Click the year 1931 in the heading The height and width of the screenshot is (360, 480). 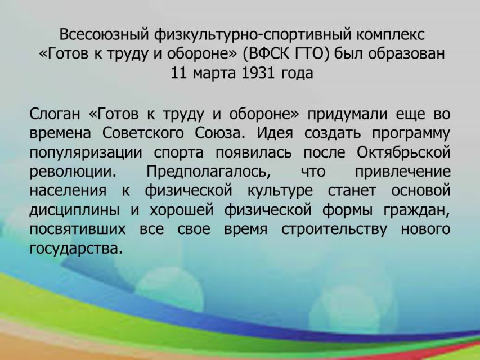pyautogui.click(x=257, y=74)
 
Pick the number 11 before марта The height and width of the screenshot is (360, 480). pyautogui.click(x=178, y=74)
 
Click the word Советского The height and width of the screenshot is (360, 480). pyautogui.click(x=143, y=133)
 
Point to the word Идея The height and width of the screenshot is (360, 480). pyautogui.click(x=275, y=133)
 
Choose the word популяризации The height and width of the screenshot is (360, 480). pyautogui.click(x=86, y=153)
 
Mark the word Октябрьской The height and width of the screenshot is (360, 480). pyautogui.click(x=403, y=152)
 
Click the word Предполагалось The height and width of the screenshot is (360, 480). pyautogui.click(x=209, y=172)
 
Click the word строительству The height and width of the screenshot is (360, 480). pyautogui.click(x=334, y=230)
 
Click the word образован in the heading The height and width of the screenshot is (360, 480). pyautogui.click(x=406, y=54)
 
